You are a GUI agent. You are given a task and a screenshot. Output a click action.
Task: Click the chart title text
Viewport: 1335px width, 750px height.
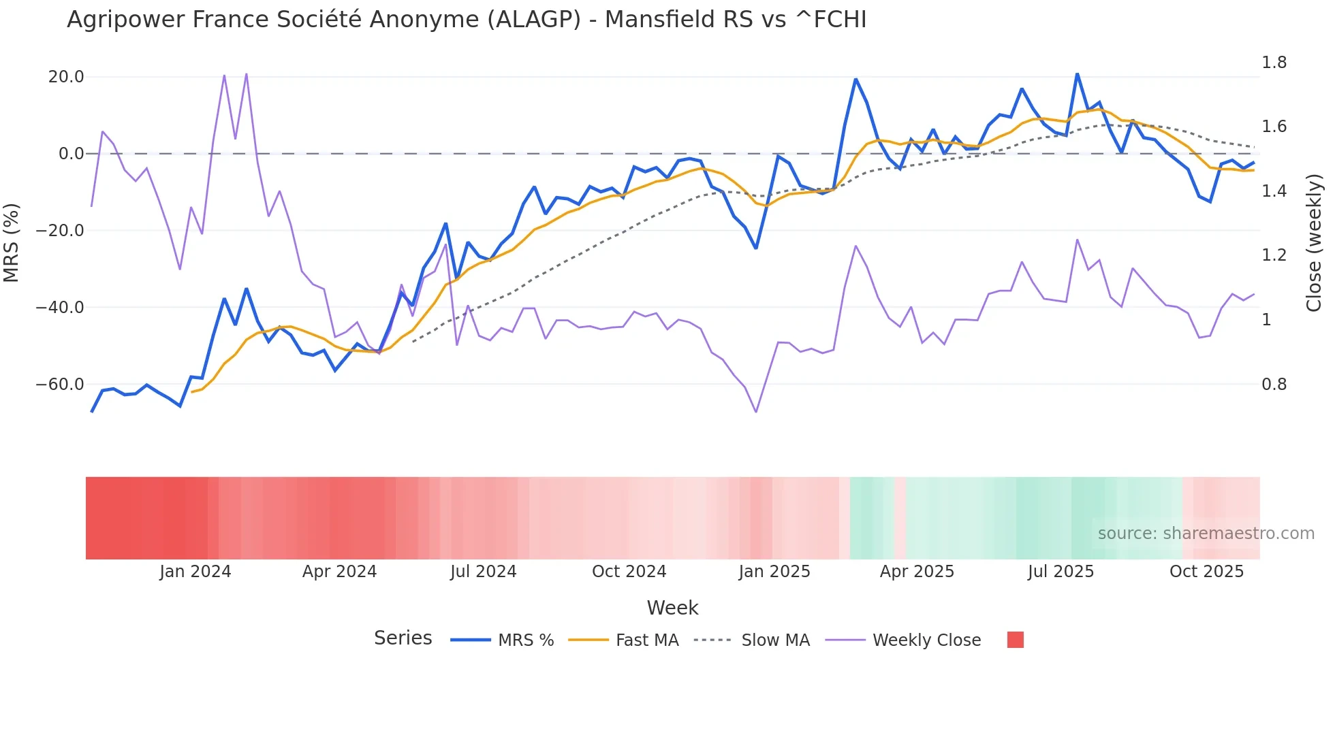tap(467, 20)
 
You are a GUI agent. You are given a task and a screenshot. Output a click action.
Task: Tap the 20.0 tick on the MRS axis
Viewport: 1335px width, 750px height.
tap(66, 77)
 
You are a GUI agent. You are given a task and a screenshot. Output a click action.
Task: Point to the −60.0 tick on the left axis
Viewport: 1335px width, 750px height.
tap(60, 385)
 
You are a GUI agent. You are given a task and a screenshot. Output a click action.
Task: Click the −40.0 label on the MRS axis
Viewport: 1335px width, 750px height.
tap(60, 308)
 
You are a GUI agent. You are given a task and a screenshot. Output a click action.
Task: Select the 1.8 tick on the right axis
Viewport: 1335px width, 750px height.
tap(1274, 63)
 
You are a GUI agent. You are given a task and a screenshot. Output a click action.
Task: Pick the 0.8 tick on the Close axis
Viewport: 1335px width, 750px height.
tap(1274, 385)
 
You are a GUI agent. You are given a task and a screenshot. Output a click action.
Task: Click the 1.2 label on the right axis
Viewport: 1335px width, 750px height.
tap(1274, 255)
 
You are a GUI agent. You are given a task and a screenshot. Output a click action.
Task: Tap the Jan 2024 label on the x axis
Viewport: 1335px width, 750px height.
tap(195, 572)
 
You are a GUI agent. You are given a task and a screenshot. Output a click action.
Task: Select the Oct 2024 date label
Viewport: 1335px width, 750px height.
tap(629, 572)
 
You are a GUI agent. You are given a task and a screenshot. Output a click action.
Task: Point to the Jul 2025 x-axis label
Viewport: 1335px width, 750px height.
tap(1061, 572)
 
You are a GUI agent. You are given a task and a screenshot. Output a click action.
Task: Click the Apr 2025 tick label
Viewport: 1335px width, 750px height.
tap(917, 572)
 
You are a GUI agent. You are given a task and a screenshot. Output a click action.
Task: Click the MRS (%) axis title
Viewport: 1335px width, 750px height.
tap(12, 243)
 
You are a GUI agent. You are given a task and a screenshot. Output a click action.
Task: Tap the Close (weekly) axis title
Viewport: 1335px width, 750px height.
tap(1314, 243)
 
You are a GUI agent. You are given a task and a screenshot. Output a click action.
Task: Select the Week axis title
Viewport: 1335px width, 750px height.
tap(672, 608)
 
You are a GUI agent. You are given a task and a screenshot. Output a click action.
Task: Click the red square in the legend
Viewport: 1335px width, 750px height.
tap(1015, 640)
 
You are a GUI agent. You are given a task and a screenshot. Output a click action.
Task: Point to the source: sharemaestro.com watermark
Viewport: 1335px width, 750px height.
tap(1206, 534)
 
